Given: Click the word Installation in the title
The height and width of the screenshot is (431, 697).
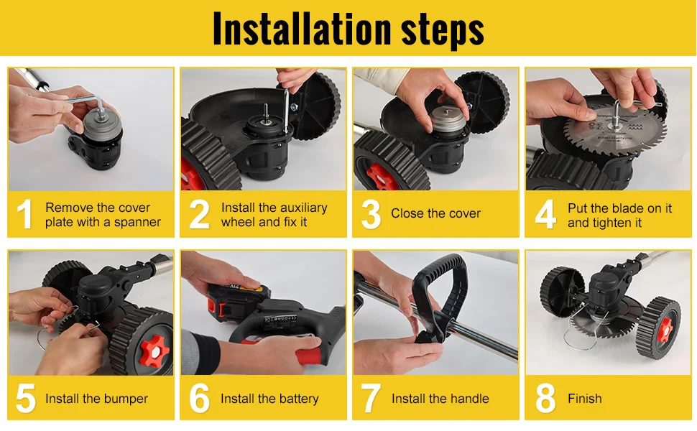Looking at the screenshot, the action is coord(303,29).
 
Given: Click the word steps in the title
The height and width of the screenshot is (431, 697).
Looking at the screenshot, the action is coord(443,31).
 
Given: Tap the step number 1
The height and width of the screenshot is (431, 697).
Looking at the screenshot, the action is coord(25,214).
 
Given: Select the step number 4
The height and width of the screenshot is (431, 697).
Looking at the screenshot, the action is coord(545,214).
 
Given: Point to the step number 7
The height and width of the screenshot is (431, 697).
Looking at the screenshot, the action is coord(371,399).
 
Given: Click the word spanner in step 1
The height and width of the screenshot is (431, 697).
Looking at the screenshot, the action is coord(137,223).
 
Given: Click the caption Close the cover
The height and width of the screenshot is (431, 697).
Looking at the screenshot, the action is coord(435,213).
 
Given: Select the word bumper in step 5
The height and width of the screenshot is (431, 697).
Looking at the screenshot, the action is coord(125,399).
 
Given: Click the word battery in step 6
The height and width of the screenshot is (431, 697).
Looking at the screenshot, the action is coord(298,399).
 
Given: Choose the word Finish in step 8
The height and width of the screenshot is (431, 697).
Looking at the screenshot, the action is coord(584,399).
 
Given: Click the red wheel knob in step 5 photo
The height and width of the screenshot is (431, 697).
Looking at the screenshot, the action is coord(154,351).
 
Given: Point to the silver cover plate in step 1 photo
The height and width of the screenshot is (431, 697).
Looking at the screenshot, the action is coord(102,124).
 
